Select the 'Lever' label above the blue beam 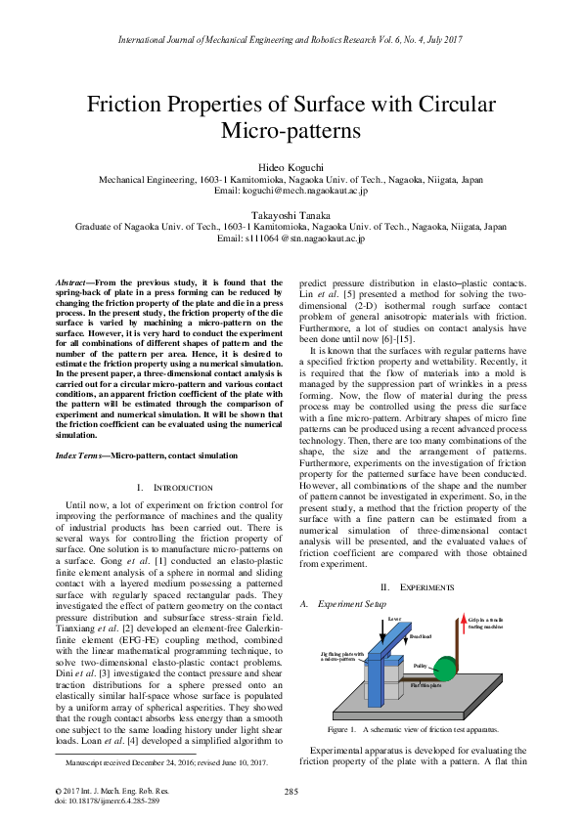click(x=395, y=619)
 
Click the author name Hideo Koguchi click(x=291, y=167)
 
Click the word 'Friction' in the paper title click(x=144, y=104)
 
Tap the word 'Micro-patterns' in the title click(x=291, y=130)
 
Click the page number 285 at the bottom click(x=291, y=791)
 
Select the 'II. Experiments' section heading click(x=412, y=585)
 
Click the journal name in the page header click(x=291, y=39)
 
